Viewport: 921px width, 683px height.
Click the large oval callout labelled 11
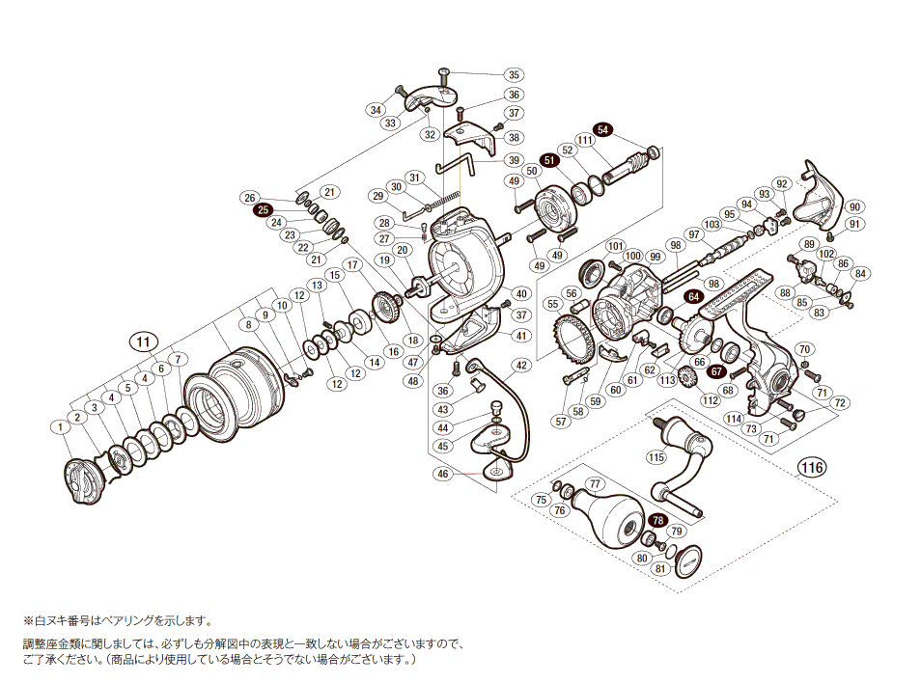[144, 341]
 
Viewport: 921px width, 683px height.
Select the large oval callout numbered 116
[812, 467]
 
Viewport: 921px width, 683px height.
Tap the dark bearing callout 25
[263, 210]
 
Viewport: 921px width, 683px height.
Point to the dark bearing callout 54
[602, 129]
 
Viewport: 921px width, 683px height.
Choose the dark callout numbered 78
[657, 521]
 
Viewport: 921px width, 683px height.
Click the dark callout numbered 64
[694, 297]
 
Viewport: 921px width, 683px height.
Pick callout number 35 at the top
[514, 74]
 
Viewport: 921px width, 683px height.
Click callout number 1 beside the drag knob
[60, 426]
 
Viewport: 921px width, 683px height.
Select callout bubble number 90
[854, 206]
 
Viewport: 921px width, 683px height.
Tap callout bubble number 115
[656, 457]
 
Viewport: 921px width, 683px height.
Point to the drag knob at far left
[84, 480]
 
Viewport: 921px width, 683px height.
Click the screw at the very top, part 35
[444, 77]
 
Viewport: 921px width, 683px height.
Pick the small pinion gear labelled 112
[685, 376]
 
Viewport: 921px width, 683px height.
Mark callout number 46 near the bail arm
[443, 474]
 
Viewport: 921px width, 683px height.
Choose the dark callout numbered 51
[549, 160]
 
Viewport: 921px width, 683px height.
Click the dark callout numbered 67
[716, 371]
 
